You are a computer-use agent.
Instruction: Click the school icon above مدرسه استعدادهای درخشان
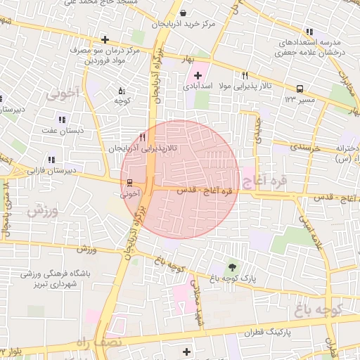coord(309,32)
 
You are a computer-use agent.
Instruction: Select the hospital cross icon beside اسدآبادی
coord(198,75)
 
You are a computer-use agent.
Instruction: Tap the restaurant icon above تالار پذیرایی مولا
coord(245,75)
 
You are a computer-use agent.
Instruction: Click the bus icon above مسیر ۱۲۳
coord(300,89)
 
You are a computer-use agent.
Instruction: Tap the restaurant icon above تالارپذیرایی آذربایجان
coord(143,138)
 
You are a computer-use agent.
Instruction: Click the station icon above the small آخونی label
coord(130,181)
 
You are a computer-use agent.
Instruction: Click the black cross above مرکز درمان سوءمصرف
coord(105,39)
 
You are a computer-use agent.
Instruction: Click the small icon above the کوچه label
coord(122,91)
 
